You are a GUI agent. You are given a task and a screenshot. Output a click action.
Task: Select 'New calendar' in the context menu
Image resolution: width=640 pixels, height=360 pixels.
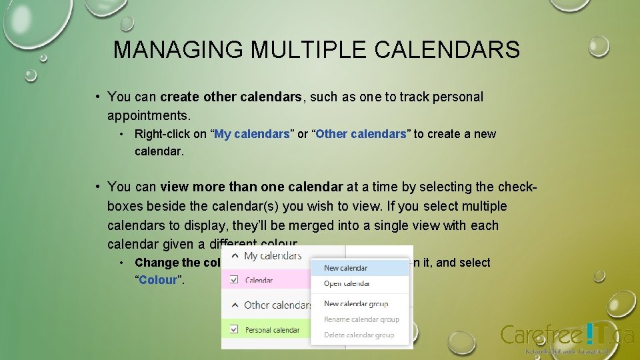point(345,268)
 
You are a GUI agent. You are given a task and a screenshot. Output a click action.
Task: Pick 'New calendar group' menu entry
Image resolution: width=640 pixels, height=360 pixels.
point(355,303)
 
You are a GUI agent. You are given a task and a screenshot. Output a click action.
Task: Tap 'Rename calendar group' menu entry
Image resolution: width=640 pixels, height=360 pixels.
point(361,319)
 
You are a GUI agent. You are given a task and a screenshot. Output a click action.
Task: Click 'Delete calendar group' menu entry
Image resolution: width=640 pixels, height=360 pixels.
point(359,335)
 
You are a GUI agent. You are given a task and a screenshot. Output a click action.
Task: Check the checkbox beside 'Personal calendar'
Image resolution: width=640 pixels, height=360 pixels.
point(234,329)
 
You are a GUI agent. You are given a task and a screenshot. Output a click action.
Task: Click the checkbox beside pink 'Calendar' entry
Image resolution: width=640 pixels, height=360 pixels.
point(234,280)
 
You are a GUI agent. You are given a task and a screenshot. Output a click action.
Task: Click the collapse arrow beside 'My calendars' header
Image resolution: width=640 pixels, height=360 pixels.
point(234,256)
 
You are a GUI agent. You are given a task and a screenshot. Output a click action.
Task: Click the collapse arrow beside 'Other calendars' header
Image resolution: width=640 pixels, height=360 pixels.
point(234,305)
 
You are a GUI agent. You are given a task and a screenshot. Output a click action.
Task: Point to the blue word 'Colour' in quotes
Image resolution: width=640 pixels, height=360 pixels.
point(158,280)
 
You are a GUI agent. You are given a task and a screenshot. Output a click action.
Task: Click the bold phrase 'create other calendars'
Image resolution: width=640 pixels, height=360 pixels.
point(231,97)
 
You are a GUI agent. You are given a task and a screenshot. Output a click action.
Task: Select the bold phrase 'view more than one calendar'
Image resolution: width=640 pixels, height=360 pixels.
point(251,187)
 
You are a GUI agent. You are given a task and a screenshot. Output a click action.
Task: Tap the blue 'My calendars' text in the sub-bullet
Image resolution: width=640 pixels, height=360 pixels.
point(253,134)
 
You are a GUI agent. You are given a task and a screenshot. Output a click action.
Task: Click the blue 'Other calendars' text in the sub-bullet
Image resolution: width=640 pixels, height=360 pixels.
point(361,134)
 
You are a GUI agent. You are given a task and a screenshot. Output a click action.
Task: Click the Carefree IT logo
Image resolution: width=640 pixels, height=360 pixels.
point(566,335)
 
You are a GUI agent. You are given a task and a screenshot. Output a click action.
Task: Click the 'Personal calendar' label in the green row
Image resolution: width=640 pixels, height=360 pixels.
point(272,329)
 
